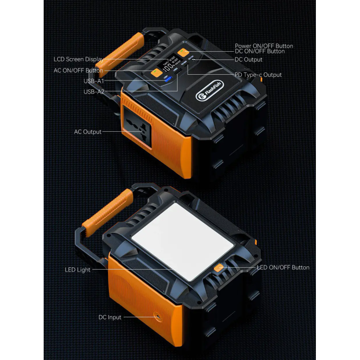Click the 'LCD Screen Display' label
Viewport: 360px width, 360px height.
point(79,59)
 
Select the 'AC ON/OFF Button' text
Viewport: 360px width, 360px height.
point(78,71)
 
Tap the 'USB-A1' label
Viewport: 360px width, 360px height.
point(94,81)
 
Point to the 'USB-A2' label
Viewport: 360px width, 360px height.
point(94,92)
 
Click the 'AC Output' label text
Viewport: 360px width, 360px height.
point(88,132)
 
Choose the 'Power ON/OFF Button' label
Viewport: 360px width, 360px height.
point(264,46)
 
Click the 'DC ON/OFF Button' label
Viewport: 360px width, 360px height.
point(260,51)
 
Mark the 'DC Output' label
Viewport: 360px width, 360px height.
point(248,59)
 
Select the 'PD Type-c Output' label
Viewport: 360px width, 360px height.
point(258,75)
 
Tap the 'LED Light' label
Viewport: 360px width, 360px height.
point(77,270)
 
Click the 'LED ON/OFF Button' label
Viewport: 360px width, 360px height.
point(283,267)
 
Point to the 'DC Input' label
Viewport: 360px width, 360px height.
point(110,317)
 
